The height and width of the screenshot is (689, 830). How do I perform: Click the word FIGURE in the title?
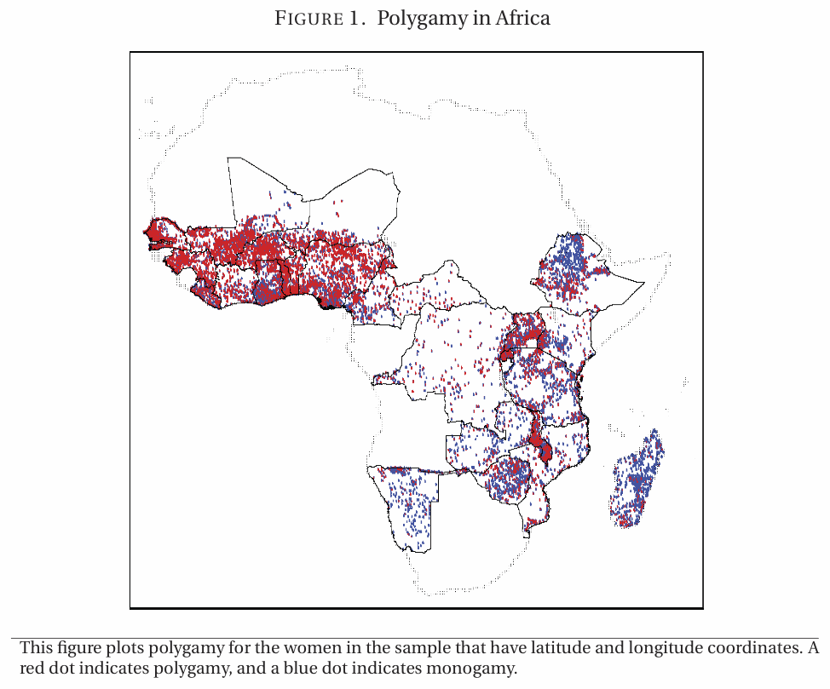308,19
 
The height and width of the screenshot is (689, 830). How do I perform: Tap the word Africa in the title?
521,19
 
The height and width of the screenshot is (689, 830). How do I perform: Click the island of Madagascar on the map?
637,481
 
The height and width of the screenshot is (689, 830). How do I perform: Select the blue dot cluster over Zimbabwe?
510,481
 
